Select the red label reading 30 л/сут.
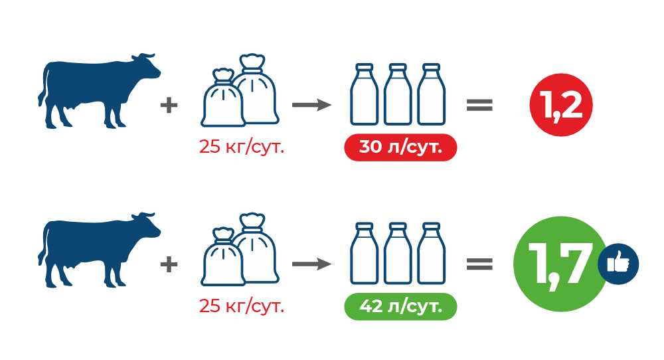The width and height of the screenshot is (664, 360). pos(400,147)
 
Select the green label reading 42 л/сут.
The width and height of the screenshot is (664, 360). pos(400,306)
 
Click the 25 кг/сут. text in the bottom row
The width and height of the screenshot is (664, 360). pos(241,306)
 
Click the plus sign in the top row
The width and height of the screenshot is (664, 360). pos(169,105)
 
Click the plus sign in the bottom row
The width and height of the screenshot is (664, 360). pos(169,264)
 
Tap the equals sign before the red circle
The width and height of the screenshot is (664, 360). pos(479,105)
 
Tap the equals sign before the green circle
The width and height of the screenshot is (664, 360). pos(479,264)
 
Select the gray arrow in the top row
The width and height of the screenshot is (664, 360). pos(311,105)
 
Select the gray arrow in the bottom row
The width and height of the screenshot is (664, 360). pos(311,264)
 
